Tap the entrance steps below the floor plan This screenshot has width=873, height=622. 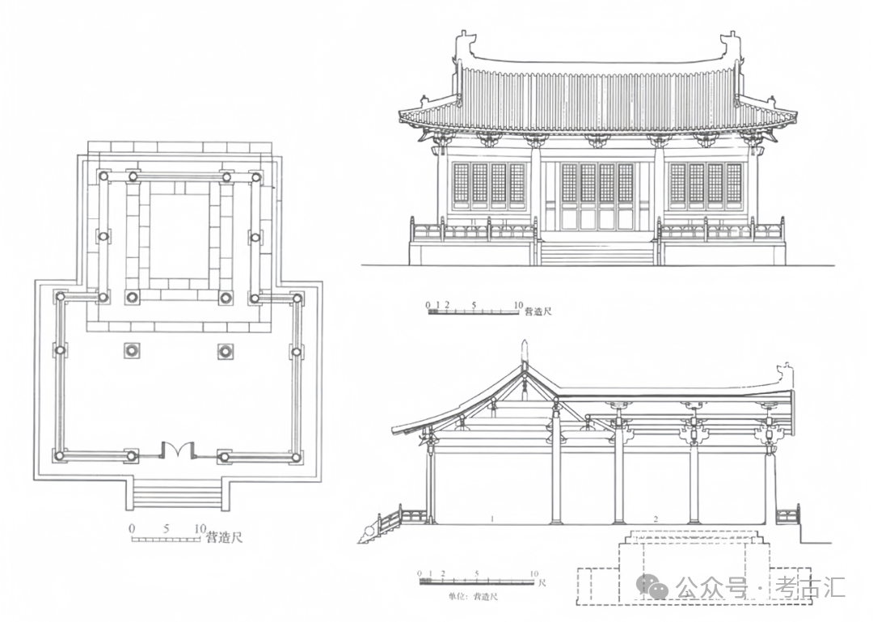point(177,494)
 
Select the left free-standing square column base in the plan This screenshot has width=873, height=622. point(131,351)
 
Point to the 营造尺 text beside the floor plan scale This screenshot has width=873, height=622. point(223,537)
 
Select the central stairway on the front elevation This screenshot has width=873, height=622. point(597,253)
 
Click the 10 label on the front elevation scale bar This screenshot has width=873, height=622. point(517,305)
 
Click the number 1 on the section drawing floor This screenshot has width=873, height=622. point(491,516)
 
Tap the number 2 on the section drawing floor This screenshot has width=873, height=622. point(656,516)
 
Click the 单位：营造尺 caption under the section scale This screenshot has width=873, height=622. point(472,596)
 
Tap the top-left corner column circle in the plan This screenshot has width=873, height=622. point(103,176)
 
